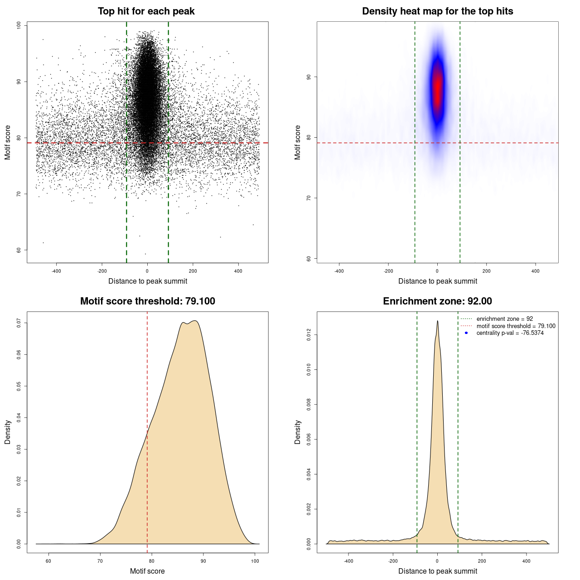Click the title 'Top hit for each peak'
pyautogui.click(x=146, y=11)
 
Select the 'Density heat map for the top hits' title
pyautogui.click(x=437, y=11)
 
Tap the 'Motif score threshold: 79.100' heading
pyautogui.click(x=147, y=301)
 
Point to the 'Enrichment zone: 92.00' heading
pyautogui.click(x=437, y=301)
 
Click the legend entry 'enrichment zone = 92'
pyautogui.click(x=504, y=319)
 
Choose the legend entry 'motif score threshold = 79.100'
pyautogui.click(x=516, y=326)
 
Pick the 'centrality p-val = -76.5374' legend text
pyautogui.click(x=510, y=333)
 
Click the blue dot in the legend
pyautogui.click(x=466, y=333)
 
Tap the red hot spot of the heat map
pyautogui.click(x=437, y=88)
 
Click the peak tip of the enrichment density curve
pyautogui.click(x=437, y=321)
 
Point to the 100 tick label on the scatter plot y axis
pyautogui.click(x=19, y=25)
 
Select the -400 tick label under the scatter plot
pyautogui.click(x=56, y=271)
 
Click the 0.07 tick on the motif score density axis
pyautogui.click(x=19, y=323)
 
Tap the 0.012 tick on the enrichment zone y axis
pyautogui.click(x=309, y=335)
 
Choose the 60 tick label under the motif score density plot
pyautogui.click(x=48, y=561)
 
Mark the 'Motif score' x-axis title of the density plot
pyautogui.click(x=147, y=571)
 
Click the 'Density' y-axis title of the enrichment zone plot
pyautogui.click(x=298, y=432)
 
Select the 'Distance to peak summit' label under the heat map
pyautogui.click(x=437, y=281)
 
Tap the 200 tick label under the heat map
pyautogui.click(x=486, y=271)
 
